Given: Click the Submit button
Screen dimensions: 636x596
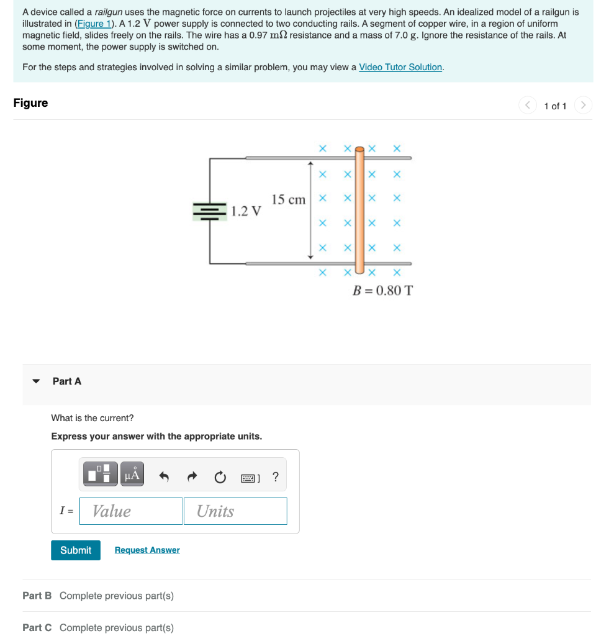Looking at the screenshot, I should tap(76, 550).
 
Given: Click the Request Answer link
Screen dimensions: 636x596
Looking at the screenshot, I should tap(147, 550).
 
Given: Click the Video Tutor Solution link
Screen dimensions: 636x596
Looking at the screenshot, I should tap(400, 67).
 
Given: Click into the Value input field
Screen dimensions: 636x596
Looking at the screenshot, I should tap(131, 511).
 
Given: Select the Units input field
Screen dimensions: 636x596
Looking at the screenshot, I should tap(235, 511).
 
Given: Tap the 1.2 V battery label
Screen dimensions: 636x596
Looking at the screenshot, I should tap(246, 211).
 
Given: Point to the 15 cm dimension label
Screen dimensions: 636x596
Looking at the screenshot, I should tap(289, 200).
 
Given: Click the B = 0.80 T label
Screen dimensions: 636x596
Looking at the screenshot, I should tap(382, 290).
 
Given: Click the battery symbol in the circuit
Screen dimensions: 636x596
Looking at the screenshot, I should tap(210, 211).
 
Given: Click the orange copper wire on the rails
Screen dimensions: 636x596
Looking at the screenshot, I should tap(359, 211).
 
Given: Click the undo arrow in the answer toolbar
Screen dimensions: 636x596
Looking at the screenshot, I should tap(165, 478).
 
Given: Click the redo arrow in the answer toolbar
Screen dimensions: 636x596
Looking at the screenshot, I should tap(192, 478).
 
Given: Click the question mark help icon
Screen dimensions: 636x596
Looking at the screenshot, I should tap(276, 477).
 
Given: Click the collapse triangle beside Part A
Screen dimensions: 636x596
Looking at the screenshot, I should tap(36, 381).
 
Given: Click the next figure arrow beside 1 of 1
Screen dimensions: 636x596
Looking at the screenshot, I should tap(583, 106).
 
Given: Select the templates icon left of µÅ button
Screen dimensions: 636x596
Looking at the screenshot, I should tap(101, 475).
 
